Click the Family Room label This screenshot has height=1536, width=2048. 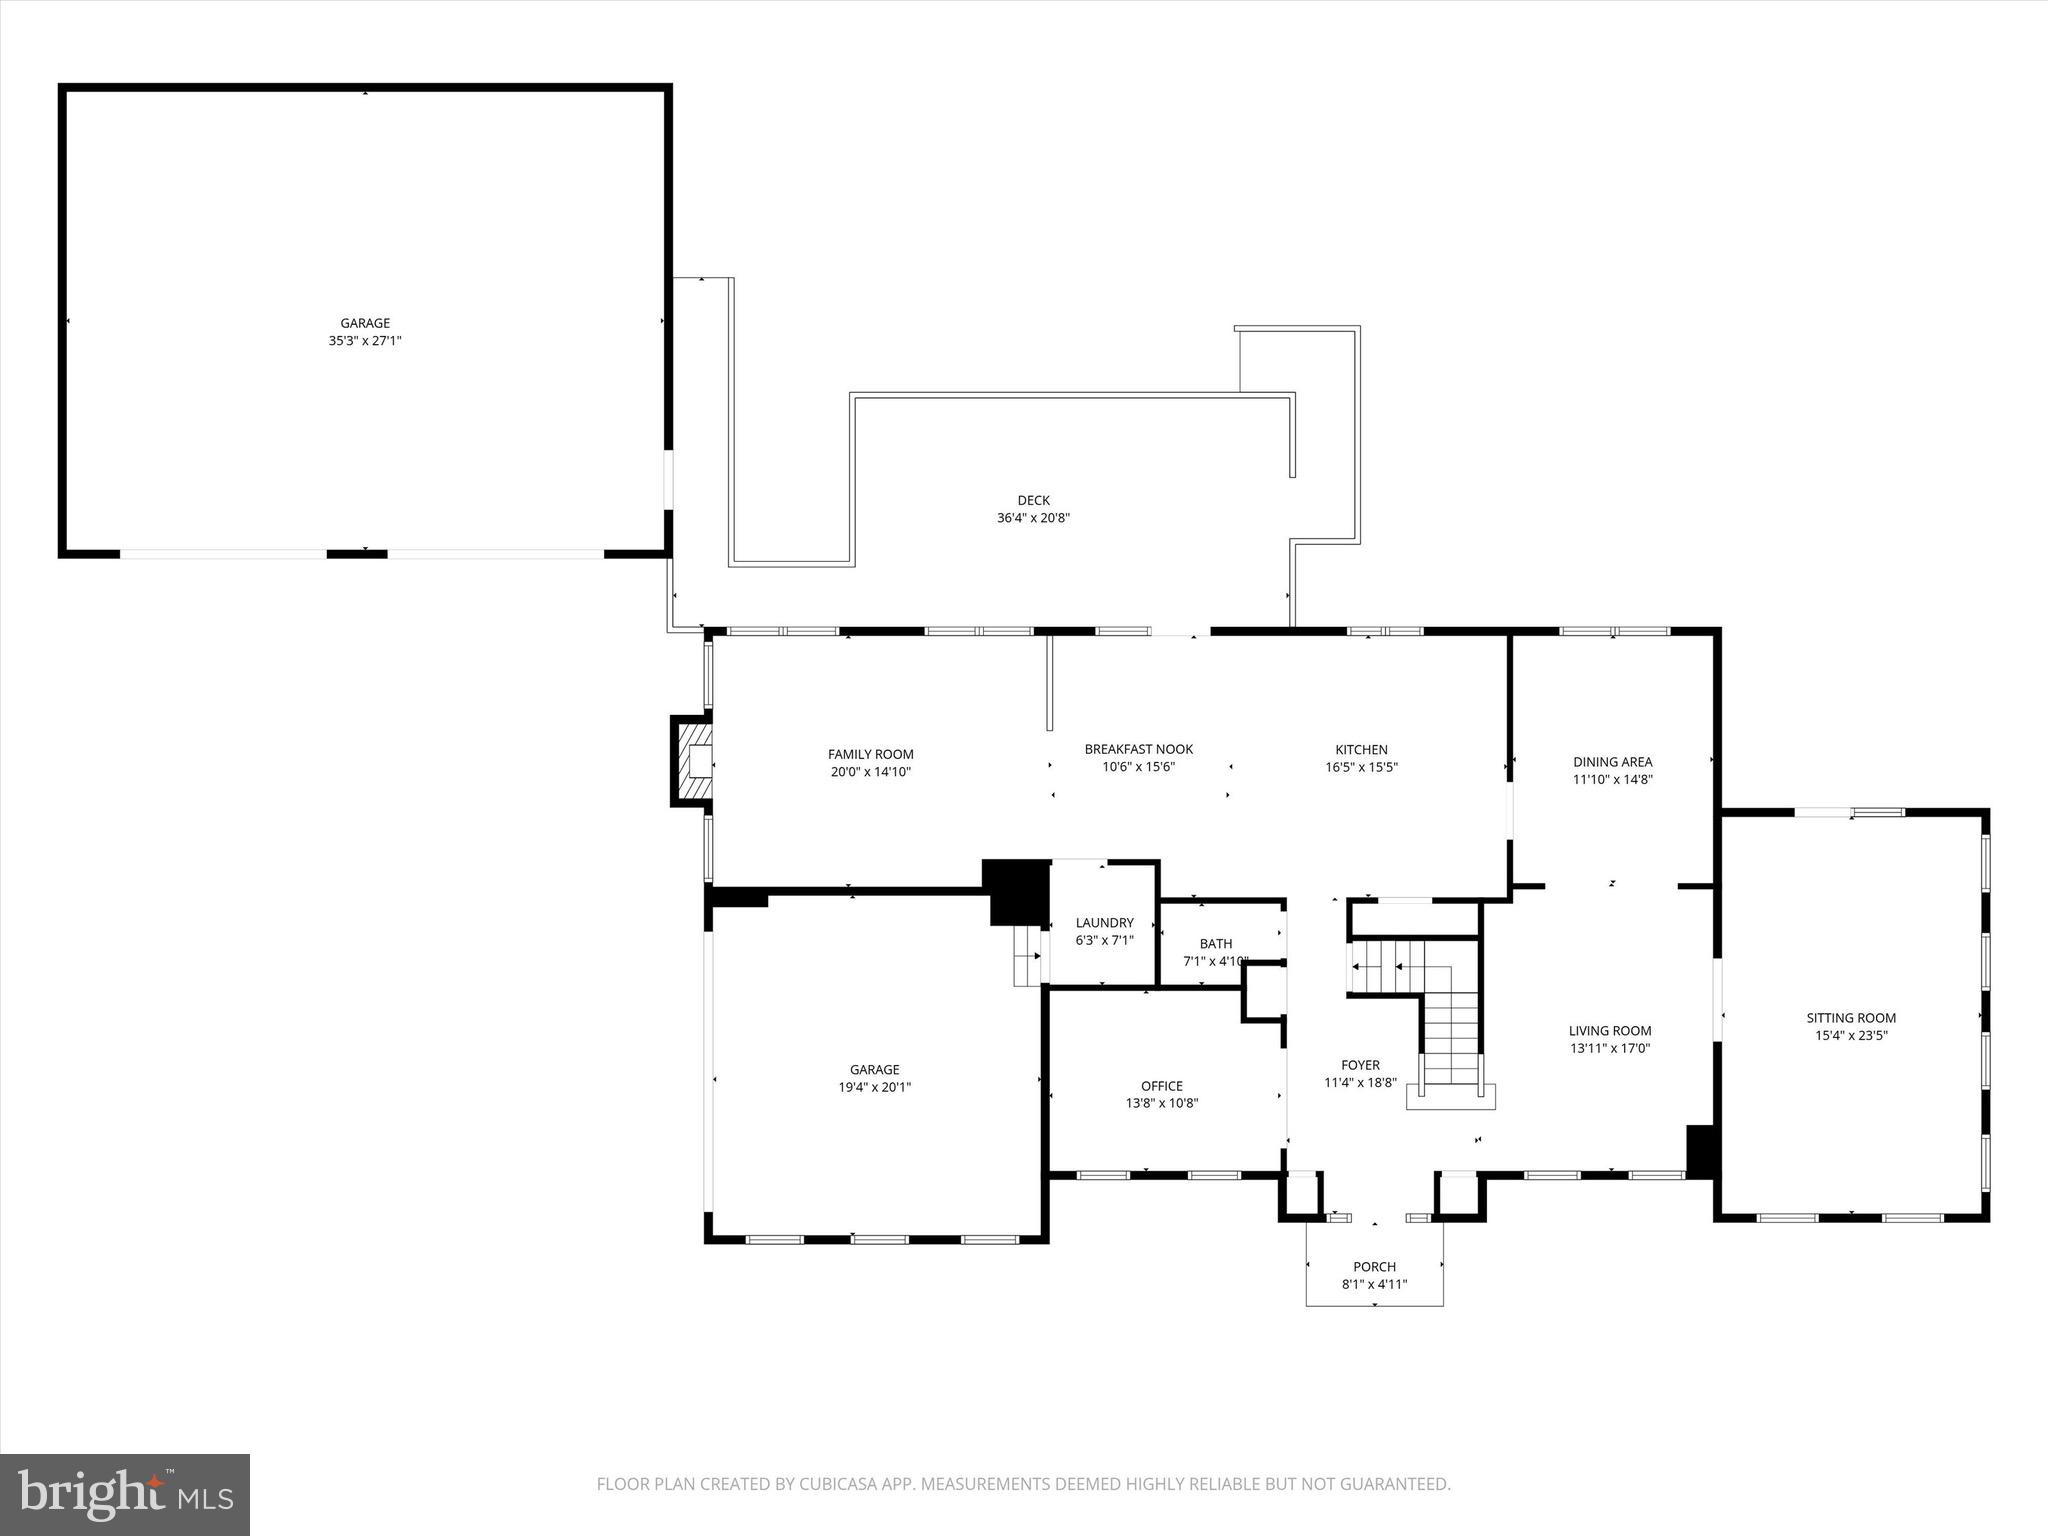[870, 754]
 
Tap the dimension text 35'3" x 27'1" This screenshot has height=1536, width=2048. [365, 341]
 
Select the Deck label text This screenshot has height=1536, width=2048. [1033, 500]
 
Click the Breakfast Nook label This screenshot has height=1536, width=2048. [1138, 749]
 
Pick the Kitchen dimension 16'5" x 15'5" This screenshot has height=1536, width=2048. [1361, 767]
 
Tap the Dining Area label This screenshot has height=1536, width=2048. [1612, 761]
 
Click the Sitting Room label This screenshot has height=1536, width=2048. [1851, 1018]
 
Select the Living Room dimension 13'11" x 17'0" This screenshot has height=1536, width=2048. [1609, 1048]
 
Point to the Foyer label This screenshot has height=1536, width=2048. [1360, 1065]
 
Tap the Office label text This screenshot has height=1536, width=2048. [1161, 1085]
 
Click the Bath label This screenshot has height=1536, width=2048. [1215, 943]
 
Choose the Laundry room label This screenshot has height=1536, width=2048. [1104, 922]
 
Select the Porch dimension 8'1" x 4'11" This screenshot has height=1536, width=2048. [1374, 1284]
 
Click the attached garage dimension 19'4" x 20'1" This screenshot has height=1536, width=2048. [874, 1087]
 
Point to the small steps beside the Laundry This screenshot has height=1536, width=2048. [1027, 956]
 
